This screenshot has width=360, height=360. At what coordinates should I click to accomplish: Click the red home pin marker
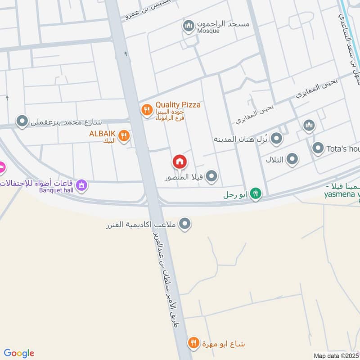point(179,162)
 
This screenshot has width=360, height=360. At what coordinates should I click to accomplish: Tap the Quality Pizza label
point(178,105)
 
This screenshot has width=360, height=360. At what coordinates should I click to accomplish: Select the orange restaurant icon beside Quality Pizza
point(146,109)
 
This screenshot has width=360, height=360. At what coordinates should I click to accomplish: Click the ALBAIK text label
point(102,133)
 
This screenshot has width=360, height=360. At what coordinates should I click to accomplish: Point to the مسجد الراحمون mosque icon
point(188,26)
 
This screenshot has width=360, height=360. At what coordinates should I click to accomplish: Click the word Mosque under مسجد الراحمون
point(208,31)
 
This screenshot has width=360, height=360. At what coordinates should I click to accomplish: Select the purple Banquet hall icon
point(81,184)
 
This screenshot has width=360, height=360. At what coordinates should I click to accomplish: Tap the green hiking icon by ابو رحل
point(256,194)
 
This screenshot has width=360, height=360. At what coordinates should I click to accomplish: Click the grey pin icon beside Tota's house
point(318,148)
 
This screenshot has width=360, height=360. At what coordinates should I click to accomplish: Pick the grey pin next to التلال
point(292,158)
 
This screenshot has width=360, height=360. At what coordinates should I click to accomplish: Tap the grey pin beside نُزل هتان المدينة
point(276,139)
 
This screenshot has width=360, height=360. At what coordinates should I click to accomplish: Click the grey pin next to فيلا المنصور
point(211,177)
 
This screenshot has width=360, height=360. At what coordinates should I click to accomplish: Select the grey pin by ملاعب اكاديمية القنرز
point(184,224)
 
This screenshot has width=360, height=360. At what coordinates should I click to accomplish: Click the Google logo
point(19,353)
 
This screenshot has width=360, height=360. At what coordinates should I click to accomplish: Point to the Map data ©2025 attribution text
point(336,356)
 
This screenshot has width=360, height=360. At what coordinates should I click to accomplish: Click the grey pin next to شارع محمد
point(22,121)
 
